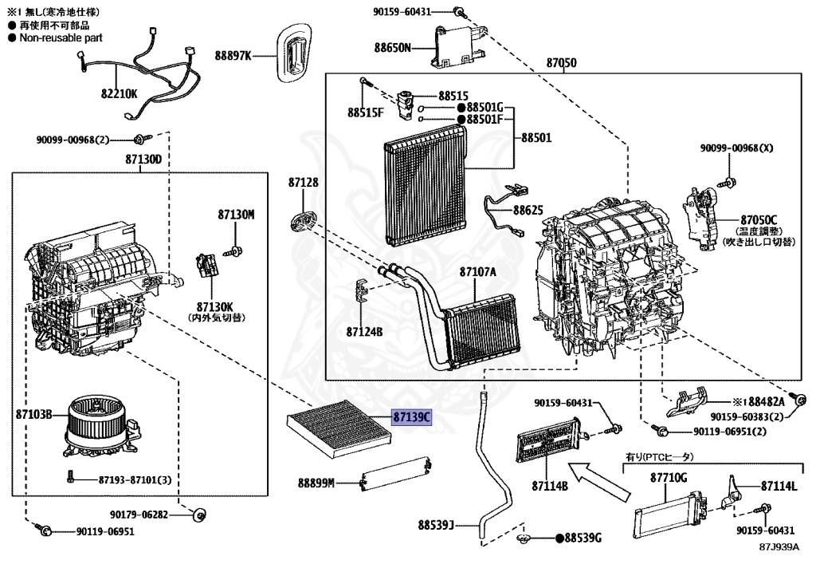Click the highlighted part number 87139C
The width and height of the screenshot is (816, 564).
[x=410, y=417]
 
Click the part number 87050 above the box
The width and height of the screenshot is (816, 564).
[x=561, y=62]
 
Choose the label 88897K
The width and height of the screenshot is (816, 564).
[x=232, y=55]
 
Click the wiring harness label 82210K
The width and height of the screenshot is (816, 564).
[x=119, y=93]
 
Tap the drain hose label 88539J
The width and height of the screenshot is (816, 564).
[x=435, y=525]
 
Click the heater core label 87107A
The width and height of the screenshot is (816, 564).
[x=477, y=272]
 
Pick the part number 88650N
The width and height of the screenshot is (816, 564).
[x=393, y=47]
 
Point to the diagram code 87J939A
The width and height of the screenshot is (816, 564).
[x=779, y=547]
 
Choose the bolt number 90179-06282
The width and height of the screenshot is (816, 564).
[x=140, y=515]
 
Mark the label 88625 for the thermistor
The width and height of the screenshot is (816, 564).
[x=528, y=211]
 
